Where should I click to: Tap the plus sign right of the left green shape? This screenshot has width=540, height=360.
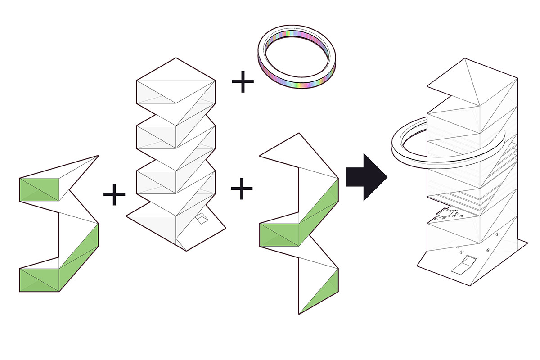coord(114,194)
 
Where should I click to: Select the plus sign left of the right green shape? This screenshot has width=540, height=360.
coord(242,189)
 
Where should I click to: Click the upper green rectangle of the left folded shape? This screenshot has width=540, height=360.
coord(39,189)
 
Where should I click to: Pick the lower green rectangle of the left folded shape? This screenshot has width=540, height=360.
coord(39,279)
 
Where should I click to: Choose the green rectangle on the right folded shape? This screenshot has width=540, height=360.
coord(279,235)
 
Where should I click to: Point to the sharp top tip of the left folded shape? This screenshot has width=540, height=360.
coord(97,156)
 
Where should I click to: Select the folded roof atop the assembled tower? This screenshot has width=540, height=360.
coord(472,85)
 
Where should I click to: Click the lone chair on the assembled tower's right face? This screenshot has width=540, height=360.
coord(498,235)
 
